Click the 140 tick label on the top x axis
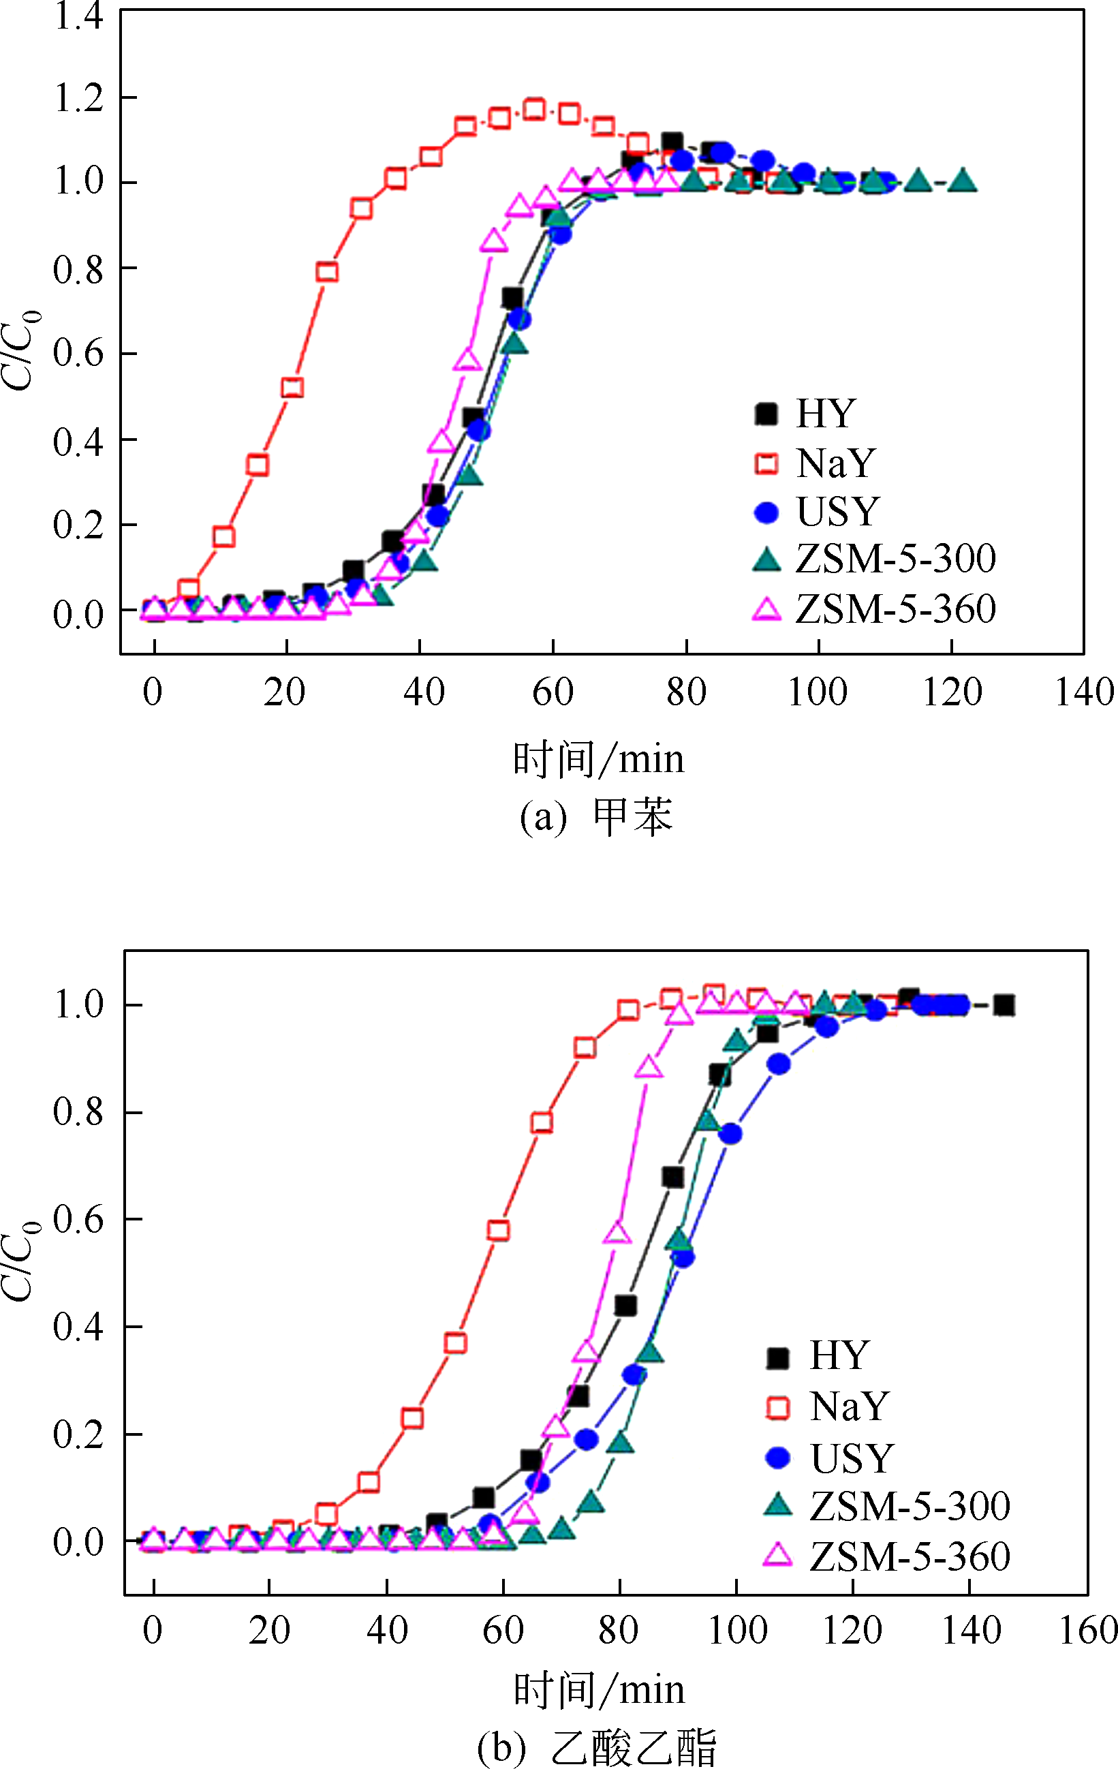click(x=1084, y=692)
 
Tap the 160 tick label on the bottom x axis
click(x=1088, y=1630)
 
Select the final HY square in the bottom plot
click(x=1004, y=1005)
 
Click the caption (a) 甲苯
click(x=595, y=816)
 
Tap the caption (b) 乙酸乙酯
click(x=595, y=1747)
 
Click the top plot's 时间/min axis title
click(x=599, y=759)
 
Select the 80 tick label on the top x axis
click(x=686, y=692)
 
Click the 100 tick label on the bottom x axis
click(x=736, y=1630)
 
